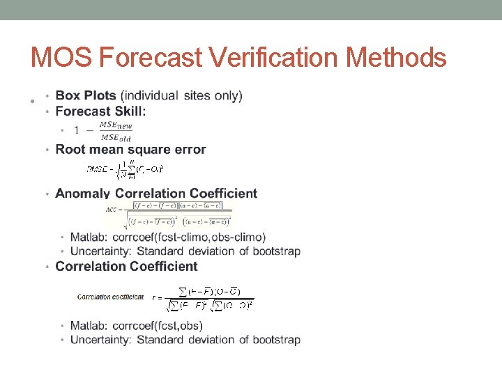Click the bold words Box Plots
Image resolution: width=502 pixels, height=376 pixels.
coord(86,95)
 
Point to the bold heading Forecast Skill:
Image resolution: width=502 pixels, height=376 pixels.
coord(100,111)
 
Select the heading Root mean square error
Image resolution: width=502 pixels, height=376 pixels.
coord(130,149)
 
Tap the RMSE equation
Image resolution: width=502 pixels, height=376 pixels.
coord(124,169)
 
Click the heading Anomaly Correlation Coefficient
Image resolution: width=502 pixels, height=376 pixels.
coord(156,193)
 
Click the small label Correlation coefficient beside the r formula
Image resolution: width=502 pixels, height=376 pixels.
coord(110,297)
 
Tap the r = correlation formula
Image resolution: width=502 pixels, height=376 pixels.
coord(203,298)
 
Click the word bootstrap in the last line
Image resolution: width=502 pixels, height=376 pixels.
coord(275,340)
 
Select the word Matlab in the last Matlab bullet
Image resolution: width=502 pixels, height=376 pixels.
coord(86,326)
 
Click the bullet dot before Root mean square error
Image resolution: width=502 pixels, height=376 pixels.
coord(47,150)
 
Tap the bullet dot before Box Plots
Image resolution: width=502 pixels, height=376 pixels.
coord(47,95)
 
